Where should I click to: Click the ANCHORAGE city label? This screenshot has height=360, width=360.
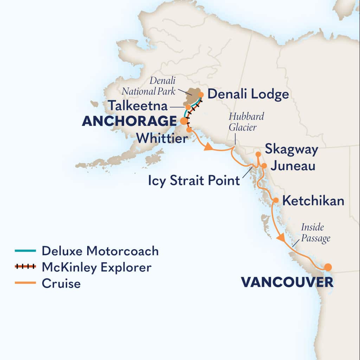point(129,121)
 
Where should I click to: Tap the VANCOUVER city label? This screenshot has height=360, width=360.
point(287,282)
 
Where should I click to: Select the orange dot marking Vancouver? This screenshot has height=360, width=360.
point(328,267)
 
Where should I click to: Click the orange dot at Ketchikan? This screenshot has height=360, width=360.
point(276,200)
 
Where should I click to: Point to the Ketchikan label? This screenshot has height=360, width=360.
point(313,201)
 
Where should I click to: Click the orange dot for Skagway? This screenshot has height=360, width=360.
point(258,154)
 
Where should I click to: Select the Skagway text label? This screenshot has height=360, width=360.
point(291,149)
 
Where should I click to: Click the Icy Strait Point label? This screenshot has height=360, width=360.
point(194,181)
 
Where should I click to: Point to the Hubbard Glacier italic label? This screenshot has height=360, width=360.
point(246,122)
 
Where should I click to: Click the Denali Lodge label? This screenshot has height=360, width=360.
point(248,94)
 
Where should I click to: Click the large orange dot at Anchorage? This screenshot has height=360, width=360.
point(184,121)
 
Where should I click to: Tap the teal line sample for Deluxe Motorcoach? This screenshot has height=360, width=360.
point(25,251)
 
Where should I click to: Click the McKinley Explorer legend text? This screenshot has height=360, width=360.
point(96,267)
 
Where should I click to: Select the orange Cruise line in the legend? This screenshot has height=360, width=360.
point(25,283)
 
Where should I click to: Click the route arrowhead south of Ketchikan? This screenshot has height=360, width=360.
point(281,238)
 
